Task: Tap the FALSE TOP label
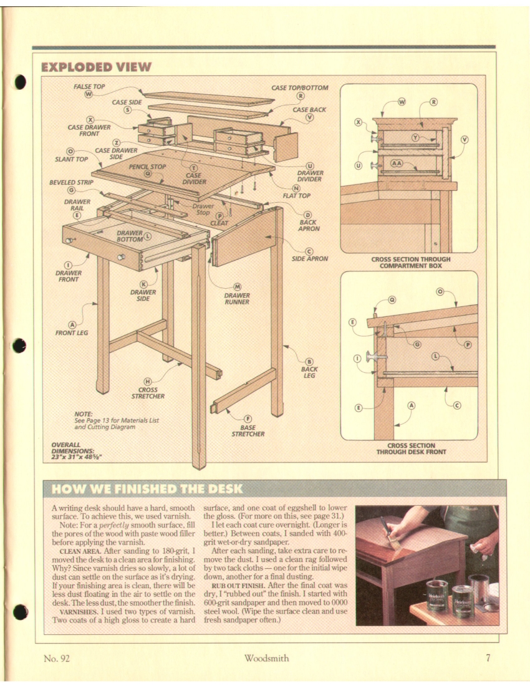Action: tap(90, 87)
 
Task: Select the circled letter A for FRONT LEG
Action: tap(72, 324)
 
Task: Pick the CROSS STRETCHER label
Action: tap(148, 392)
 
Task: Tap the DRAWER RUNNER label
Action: tap(237, 299)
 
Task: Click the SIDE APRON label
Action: tap(310, 258)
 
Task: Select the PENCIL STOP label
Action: tap(147, 167)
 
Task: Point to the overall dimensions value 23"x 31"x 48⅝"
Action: tap(77, 456)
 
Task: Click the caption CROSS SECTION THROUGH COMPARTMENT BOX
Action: tap(410, 262)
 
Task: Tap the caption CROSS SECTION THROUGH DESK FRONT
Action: tap(410, 449)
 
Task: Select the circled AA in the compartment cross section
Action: tap(397, 163)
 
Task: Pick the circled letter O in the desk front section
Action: tap(440, 291)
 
